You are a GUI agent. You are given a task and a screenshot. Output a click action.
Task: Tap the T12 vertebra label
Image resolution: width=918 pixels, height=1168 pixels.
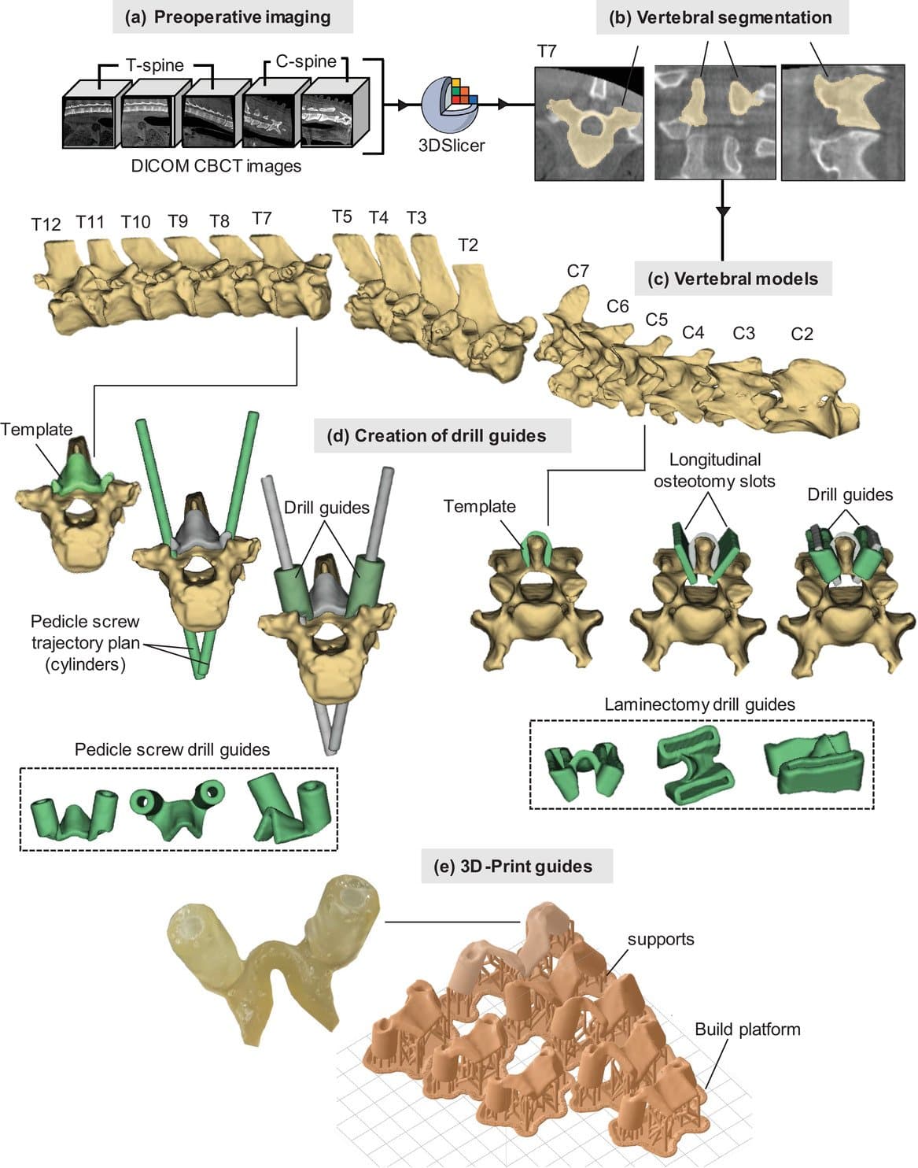coord(46,224)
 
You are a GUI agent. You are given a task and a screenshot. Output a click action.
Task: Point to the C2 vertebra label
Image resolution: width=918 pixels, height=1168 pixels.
coord(802,334)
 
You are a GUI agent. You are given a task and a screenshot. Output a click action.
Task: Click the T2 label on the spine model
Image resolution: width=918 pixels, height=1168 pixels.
coord(467,246)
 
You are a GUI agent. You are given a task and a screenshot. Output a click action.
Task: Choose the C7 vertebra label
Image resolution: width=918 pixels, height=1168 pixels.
coord(577,271)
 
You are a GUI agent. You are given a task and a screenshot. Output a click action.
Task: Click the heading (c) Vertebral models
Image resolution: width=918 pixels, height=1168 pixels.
coord(732,279)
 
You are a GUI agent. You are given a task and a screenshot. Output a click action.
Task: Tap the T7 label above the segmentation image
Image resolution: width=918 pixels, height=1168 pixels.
coord(547,52)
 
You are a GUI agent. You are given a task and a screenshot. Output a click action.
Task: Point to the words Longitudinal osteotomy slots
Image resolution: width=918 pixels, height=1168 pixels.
coord(714,470)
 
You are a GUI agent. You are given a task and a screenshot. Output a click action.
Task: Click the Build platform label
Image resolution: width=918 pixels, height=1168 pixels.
coord(747,1029)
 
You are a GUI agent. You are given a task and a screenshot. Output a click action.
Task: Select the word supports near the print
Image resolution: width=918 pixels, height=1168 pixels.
coord(661,939)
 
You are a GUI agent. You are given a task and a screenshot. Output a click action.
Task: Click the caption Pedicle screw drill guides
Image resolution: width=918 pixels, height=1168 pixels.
coord(172,749)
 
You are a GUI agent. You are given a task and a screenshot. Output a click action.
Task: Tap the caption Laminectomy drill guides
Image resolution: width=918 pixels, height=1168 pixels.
coord(699,704)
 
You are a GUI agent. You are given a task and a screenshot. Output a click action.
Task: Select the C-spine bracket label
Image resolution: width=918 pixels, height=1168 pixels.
coord(305,61)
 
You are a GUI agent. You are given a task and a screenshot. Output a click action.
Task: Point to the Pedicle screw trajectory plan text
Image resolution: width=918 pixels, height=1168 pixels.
coord(86,642)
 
